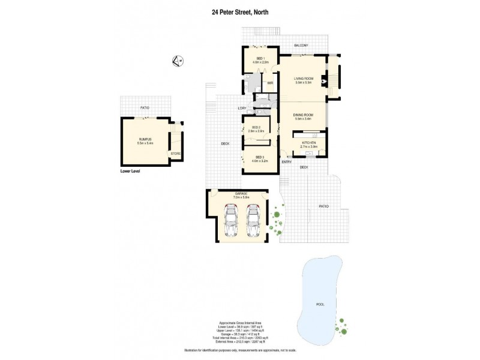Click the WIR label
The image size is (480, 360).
(271, 82)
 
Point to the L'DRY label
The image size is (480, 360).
(242, 108)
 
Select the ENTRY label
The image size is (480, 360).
(286, 162)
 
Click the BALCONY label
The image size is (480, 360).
(301, 46)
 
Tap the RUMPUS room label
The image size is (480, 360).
(145, 140)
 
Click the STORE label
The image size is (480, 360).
(175, 154)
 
